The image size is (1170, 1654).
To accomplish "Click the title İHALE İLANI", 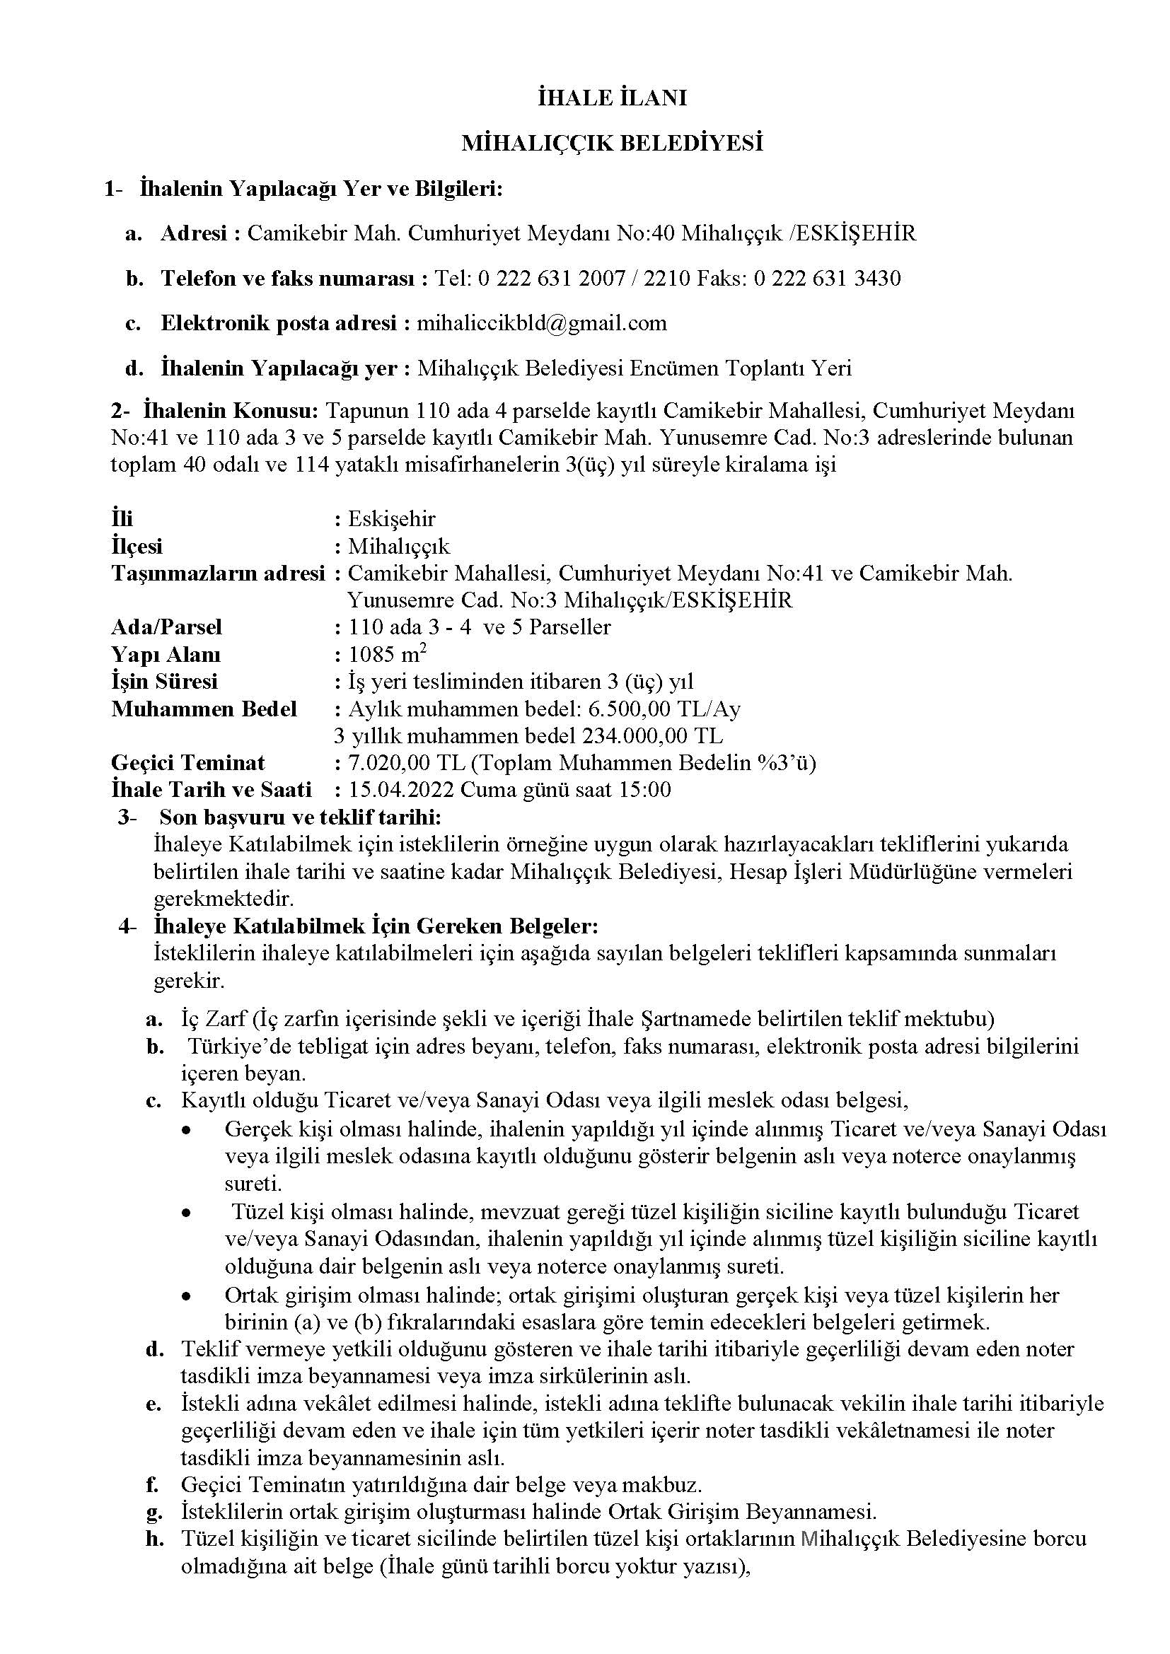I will [612, 98].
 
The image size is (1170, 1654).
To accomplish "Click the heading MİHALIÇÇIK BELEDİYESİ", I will [612, 144].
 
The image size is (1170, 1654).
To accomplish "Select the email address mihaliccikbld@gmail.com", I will [542, 322].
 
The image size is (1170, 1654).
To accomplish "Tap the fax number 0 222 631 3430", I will [827, 278].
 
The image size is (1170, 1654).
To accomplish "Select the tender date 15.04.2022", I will [401, 790].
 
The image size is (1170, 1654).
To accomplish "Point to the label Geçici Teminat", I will [188, 762].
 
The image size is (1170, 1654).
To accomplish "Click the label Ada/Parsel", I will [166, 627].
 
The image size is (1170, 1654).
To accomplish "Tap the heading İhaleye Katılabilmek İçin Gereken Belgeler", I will [376, 925].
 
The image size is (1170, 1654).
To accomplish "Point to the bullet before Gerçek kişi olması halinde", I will [187, 1129].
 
